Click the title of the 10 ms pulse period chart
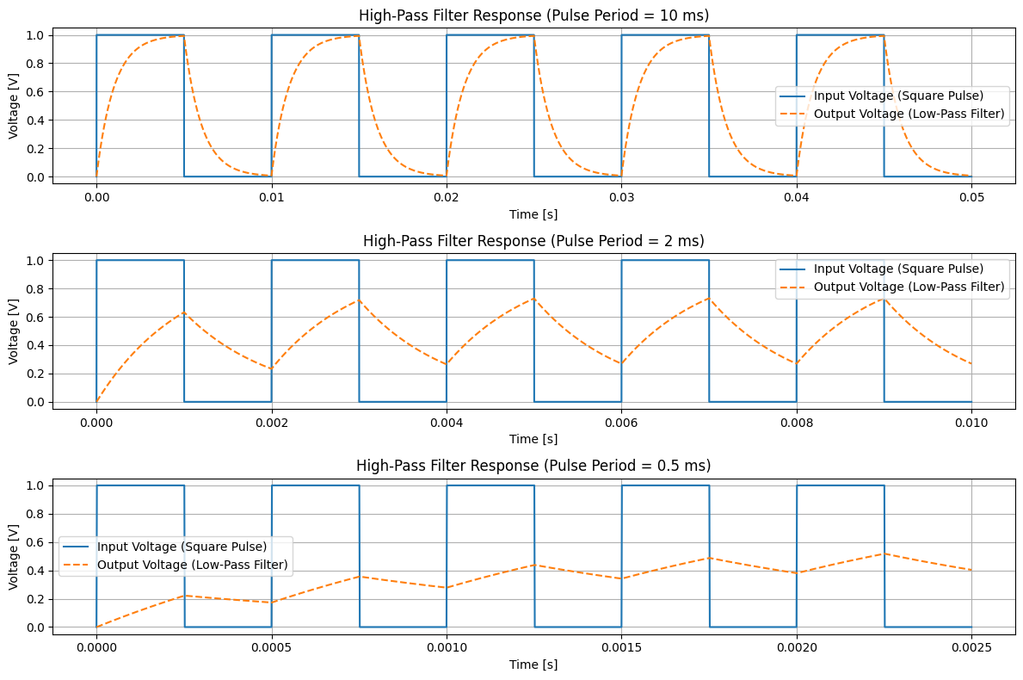pos(533,15)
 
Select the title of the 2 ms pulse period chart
pos(533,240)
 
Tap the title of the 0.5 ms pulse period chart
pos(533,466)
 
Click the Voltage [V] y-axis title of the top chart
pos(14,105)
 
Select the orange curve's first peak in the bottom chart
pos(184,596)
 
